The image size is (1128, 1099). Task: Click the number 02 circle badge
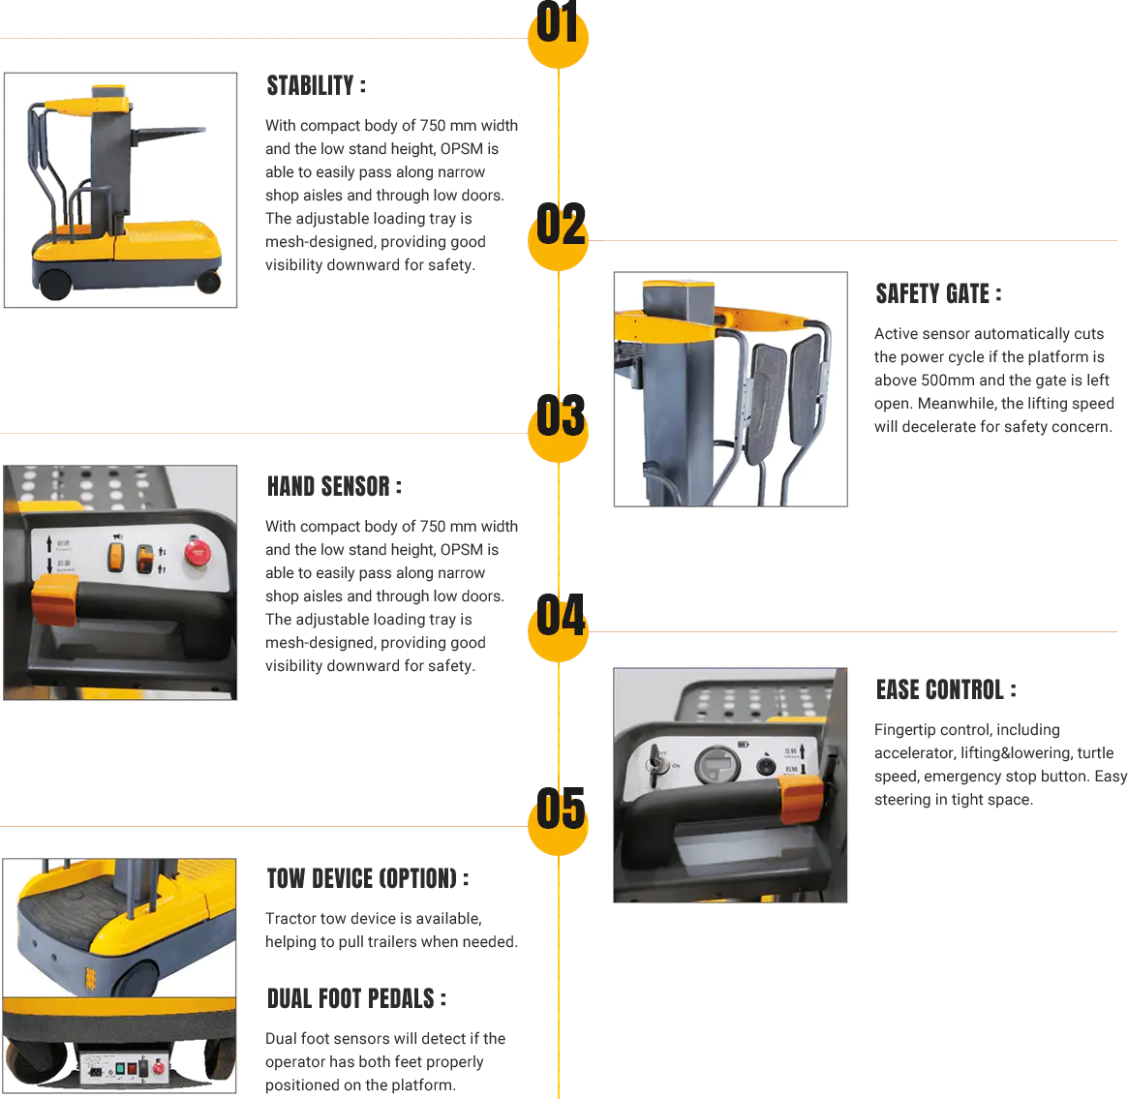click(559, 232)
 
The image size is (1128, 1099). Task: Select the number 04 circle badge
click(559, 623)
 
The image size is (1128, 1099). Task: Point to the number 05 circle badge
click(559, 816)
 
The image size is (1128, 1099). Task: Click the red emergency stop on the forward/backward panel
click(198, 553)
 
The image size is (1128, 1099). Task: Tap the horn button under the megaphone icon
click(116, 557)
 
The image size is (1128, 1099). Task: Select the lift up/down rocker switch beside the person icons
click(144, 559)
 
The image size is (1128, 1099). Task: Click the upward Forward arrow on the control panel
click(49, 543)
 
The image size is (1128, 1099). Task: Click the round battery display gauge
click(718, 765)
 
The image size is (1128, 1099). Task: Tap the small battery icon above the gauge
click(744, 744)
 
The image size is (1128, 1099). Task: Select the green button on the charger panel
click(121, 1069)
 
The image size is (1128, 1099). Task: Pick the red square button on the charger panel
click(139, 1069)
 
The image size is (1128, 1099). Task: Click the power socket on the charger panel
click(97, 1070)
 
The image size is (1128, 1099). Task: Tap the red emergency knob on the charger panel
click(160, 1067)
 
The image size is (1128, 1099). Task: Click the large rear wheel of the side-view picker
click(54, 280)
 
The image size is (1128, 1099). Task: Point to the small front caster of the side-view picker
click(209, 282)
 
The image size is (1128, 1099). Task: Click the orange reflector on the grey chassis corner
click(90, 978)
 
